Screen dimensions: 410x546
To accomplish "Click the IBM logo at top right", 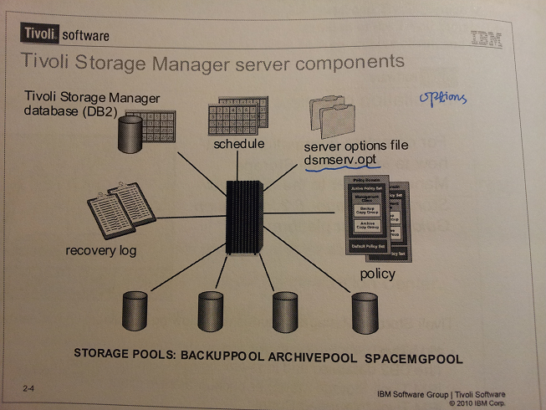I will [485, 38].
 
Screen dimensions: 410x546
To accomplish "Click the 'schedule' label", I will [239, 145].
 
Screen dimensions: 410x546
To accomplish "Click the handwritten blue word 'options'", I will [441, 99].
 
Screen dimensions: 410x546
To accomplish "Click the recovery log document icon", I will [121, 210].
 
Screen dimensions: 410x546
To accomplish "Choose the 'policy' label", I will [376, 274].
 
